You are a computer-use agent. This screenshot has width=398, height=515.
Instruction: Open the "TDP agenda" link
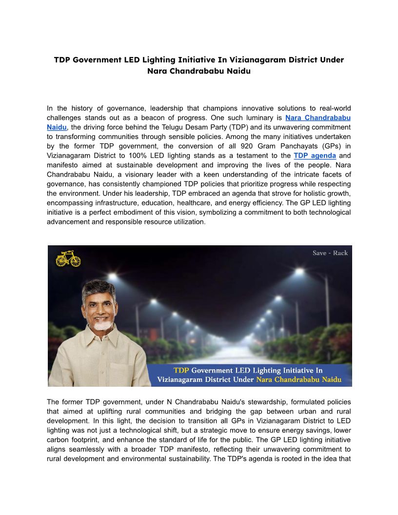click(315, 156)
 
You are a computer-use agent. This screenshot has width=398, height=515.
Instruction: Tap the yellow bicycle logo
click(68, 258)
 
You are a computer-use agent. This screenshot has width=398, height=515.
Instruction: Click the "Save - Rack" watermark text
click(330, 253)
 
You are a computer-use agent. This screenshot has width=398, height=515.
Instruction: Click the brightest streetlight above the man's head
click(113, 276)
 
